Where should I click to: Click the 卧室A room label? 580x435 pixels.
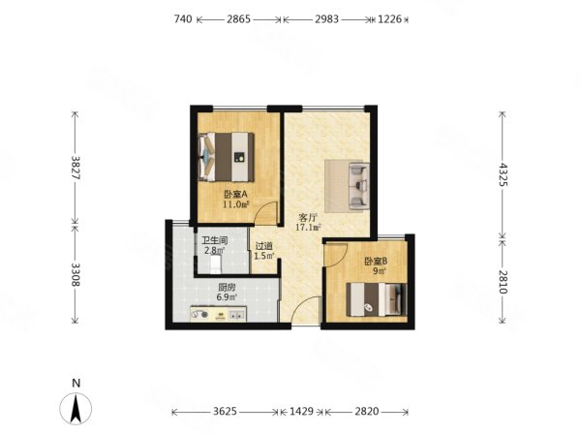click(x=235, y=195)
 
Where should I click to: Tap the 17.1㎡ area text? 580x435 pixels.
click(x=308, y=228)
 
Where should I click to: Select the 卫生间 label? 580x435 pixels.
click(x=215, y=240)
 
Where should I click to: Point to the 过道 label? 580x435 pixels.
click(x=264, y=246)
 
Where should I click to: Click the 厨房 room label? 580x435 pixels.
click(x=227, y=288)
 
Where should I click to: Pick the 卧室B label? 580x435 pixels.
click(x=377, y=262)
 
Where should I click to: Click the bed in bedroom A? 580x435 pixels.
click(x=226, y=157)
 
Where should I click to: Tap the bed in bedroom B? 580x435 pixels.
click(x=377, y=299)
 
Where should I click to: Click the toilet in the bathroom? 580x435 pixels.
click(x=216, y=265)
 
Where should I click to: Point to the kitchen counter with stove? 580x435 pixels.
click(x=218, y=314)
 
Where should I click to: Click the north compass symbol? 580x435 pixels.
click(x=76, y=408)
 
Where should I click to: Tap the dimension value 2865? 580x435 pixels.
click(x=238, y=18)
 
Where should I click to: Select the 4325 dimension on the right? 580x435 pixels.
click(x=502, y=174)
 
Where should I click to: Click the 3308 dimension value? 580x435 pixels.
click(x=76, y=275)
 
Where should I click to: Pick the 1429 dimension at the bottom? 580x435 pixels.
click(x=301, y=412)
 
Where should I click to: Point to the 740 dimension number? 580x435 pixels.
click(x=183, y=18)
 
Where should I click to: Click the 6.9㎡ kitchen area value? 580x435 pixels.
click(x=227, y=296)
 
